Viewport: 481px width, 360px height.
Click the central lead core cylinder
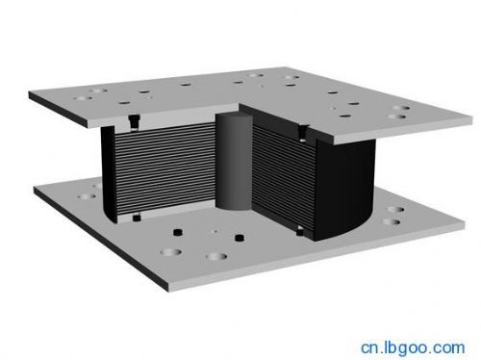point(234,162)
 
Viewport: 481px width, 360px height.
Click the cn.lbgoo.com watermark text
point(413,348)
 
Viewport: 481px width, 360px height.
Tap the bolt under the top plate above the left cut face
point(134,122)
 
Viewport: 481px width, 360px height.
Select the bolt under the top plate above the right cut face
point(303,133)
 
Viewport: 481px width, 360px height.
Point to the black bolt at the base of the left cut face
point(137,218)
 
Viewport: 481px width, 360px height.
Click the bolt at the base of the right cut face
point(300,230)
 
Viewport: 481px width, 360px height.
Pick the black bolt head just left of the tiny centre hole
point(177,232)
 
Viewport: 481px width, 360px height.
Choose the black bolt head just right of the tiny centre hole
point(240,238)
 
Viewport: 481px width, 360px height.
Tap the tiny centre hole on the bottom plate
point(215,231)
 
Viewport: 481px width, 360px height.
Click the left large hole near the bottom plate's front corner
point(170,252)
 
